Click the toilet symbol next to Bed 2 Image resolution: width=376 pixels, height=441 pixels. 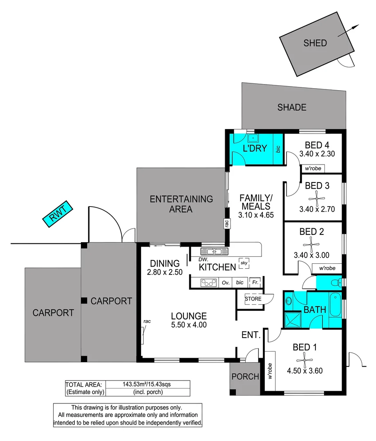[336, 282]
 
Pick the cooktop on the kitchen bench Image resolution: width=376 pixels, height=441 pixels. [208, 282]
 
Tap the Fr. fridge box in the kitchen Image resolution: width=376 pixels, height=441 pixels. [255, 282]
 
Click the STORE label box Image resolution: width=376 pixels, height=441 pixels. [253, 298]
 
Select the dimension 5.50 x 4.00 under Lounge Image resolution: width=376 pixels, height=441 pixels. [188, 325]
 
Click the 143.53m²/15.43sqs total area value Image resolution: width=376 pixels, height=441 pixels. [148, 384]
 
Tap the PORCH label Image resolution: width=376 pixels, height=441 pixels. [245, 376]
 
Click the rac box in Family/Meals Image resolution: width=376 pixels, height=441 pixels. [226, 223]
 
